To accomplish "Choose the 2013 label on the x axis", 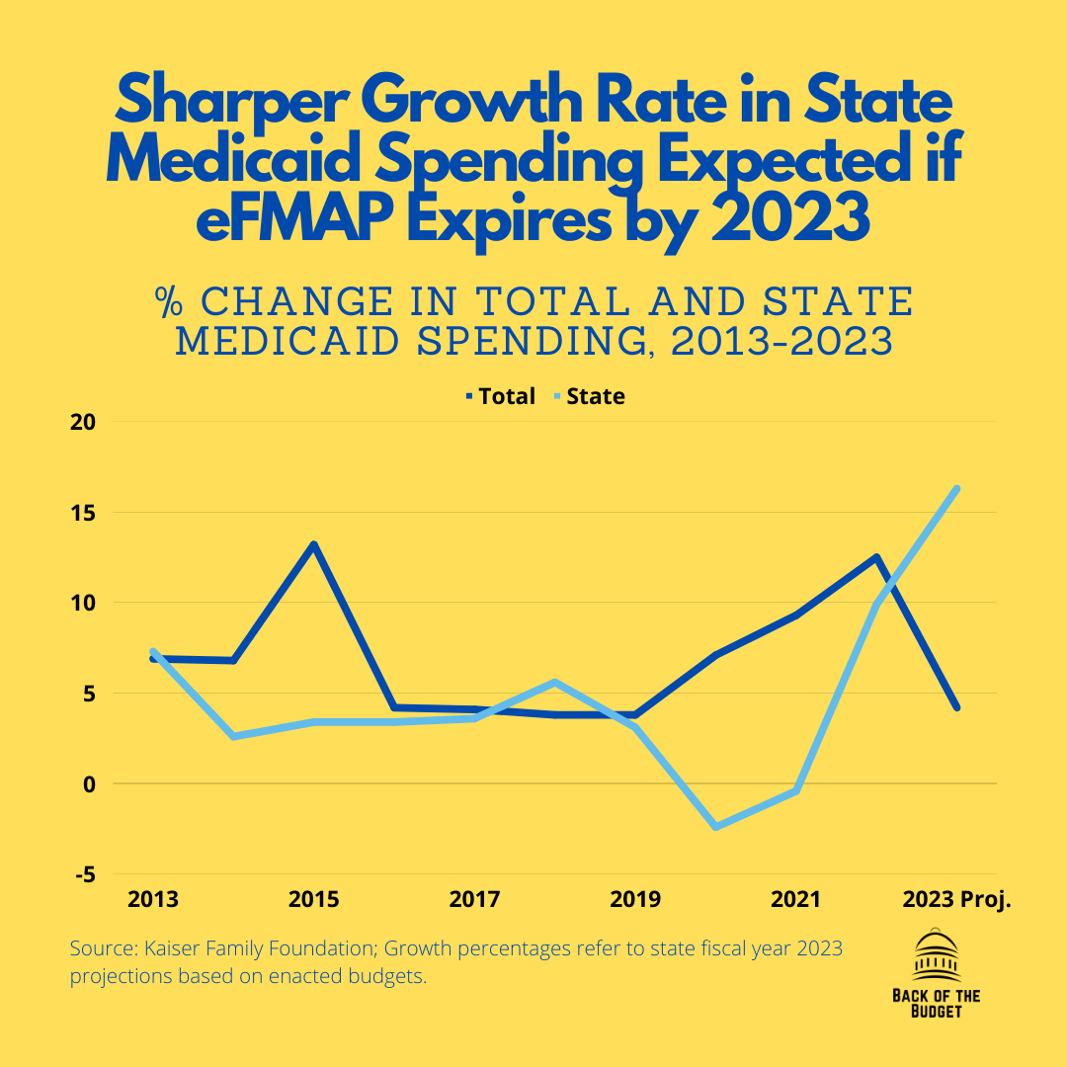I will click(153, 900).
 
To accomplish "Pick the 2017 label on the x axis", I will click(474, 900).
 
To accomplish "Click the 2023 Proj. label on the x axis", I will click(956, 900).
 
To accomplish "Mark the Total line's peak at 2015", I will click(313, 544).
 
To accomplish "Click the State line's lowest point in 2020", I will click(715, 827).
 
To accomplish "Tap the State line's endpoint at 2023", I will click(956, 488).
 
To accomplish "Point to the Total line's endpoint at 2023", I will click(956, 707).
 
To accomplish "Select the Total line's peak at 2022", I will click(875, 557).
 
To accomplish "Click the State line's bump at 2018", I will click(555, 682).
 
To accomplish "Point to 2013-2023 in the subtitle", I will click(781, 342).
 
